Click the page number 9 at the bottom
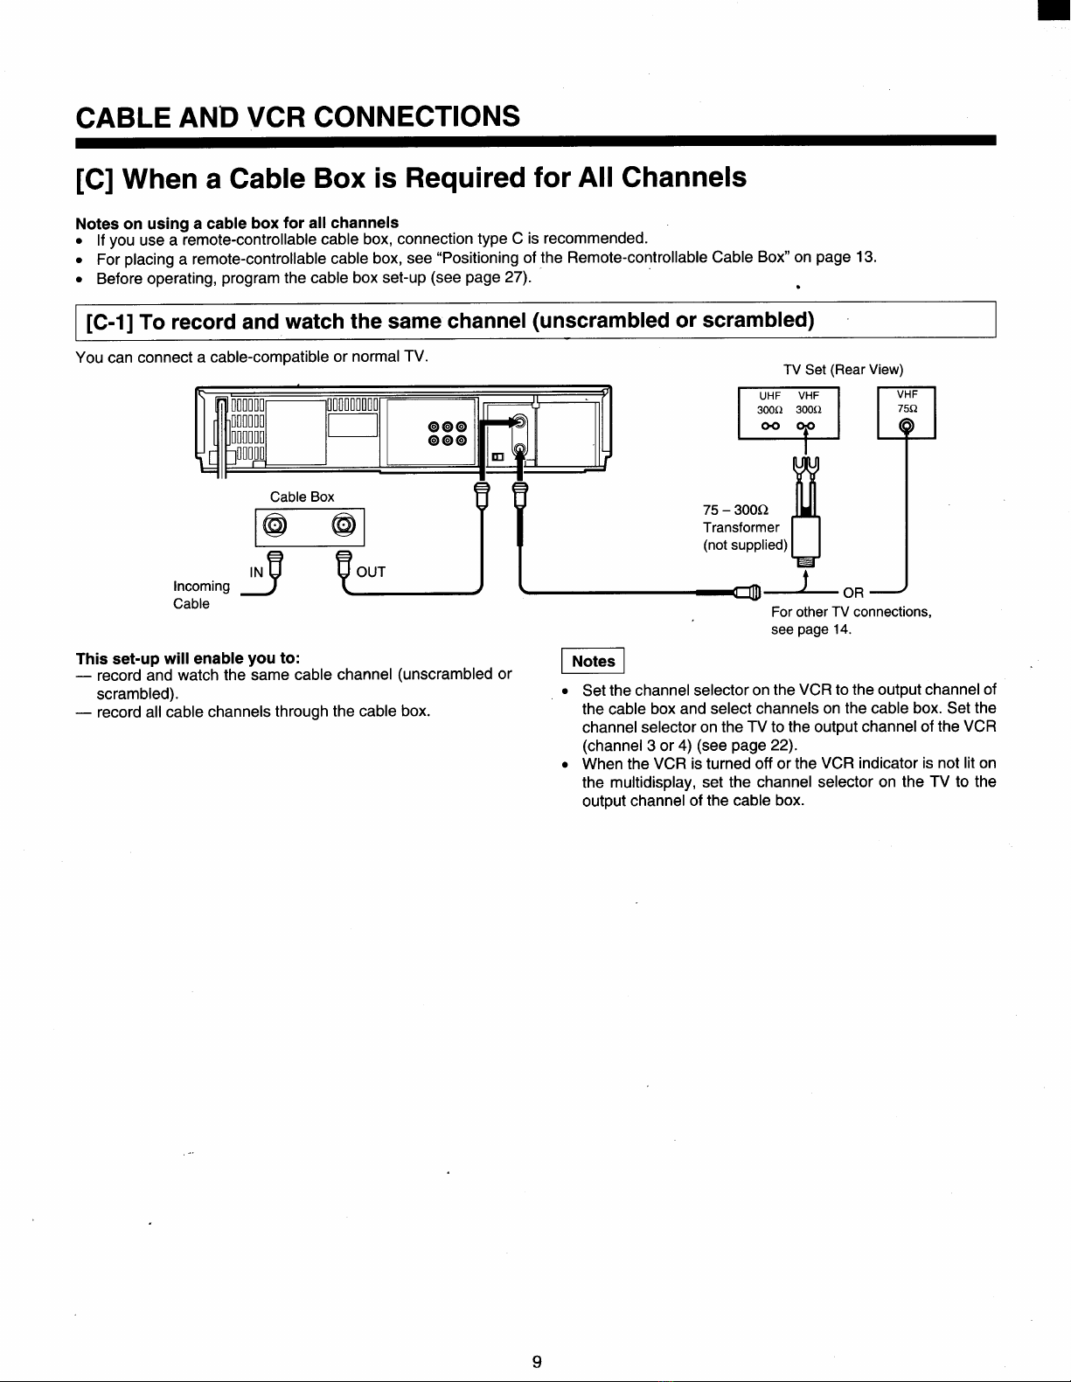pyautogui.click(x=537, y=1361)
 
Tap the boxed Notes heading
pyautogui.click(x=593, y=661)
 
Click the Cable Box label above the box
pyautogui.click(x=303, y=497)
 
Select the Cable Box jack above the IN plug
pyautogui.click(x=275, y=525)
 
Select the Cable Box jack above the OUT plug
pyautogui.click(x=344, y=525)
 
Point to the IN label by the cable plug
pyautogui.click(x=256, y=573)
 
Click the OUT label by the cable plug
pyautogui.click(x=371, y=572)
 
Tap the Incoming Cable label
pyautogui.click(x=202, y=594)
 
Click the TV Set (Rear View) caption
pyautogui.click(x=844, y=370)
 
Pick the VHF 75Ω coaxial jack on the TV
pyautogui.click(x=907, y=426)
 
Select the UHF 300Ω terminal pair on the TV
pyautogui.click(x=770, y=426)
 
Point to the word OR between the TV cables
pyautogui.click(x=853, y=593)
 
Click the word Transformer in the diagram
pyautogui.click(x=741, y=527)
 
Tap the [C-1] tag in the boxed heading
pyautogui.click(x=108, y=322)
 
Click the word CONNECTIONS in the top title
pyautogui.click(x=416, y=116)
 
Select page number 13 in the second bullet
pyautogui.click(x=866, y=257)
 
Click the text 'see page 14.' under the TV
pyautogui.click(x=810, y=629)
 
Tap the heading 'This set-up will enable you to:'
pyautogui.click(x=188, y=658)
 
